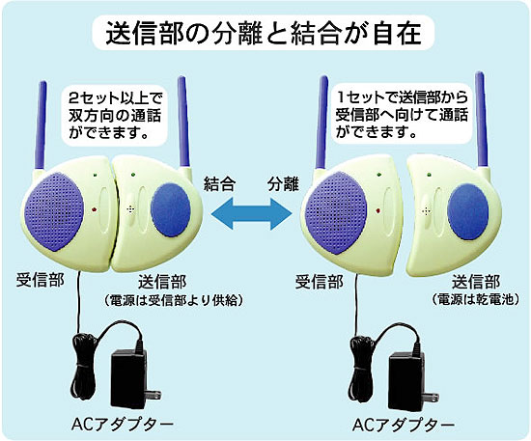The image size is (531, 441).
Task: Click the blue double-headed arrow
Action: pyautogui.click(x=251, y=213)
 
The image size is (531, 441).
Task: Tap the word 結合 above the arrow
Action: pyautogui.click(x=220, y=185)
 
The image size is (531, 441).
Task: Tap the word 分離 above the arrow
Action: pyautogui.click(x=283, y=185)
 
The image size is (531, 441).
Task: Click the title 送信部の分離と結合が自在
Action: pyautogui.click(x=264, y=33)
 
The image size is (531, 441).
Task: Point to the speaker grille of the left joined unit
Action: pyautogui.click(x=54, y=211)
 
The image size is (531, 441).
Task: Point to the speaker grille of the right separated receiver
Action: pyautogui.click(x=335, y=212)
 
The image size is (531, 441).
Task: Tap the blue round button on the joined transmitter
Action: pyautogui.click(x=171, y=209)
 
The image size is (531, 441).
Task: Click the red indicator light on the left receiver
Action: pyautogui.click(x=95, y=209)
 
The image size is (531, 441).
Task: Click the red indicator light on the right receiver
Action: pyautogui.click(x=377, y=211)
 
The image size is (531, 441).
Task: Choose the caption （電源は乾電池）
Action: pyautogui.click(x=476, y=299)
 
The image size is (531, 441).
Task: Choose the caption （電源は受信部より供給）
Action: pyautogui.click(x=173, y=299)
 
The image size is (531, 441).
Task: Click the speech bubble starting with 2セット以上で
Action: pyautogui.click(x=115, y=116)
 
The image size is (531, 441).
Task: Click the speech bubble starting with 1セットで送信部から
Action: pyautogui.click(x=402, y=115)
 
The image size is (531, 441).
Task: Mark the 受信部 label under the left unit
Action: pyautogui.click(x=40, y=280)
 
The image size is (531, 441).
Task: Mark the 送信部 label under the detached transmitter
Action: pyautogui.click(x=476, y=281)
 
